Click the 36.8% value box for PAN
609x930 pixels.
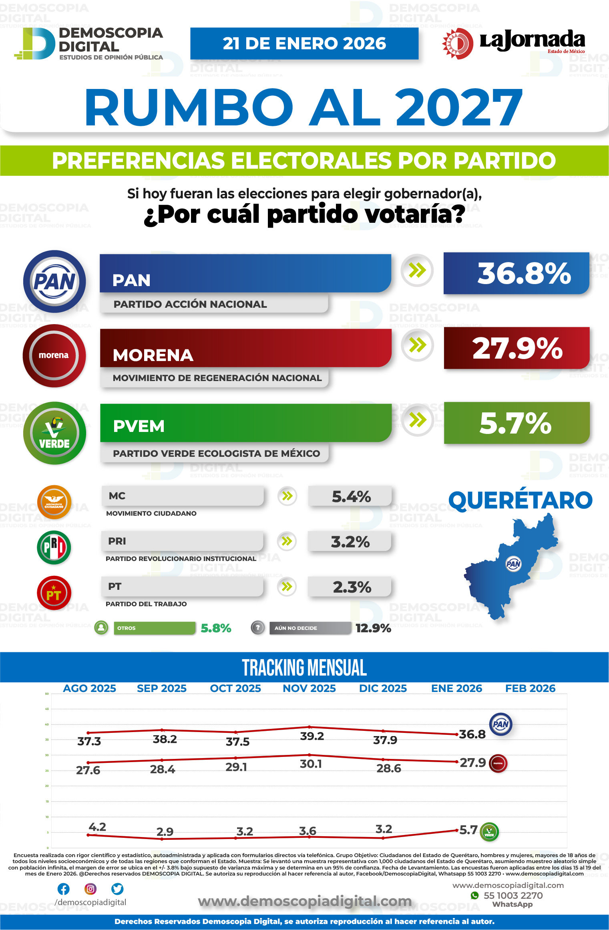516,273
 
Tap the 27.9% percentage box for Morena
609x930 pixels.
517,348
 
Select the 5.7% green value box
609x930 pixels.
517,423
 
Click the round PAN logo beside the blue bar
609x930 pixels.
54,281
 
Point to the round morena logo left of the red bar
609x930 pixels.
54,355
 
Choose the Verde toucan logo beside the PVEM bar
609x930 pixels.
54,433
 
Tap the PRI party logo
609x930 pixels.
54,547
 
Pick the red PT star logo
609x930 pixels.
54,593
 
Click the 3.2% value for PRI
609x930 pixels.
350,542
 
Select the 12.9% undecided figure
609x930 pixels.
373,628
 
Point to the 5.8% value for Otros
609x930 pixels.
216,628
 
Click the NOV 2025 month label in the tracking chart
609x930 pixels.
309,688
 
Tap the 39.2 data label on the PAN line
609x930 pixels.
312,736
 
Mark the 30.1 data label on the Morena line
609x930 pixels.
311,764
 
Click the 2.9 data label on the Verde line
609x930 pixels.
165,831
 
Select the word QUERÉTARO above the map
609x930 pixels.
520,500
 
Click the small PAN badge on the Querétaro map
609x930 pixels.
513,564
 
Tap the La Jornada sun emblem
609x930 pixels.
458,43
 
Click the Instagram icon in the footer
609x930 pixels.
90,889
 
